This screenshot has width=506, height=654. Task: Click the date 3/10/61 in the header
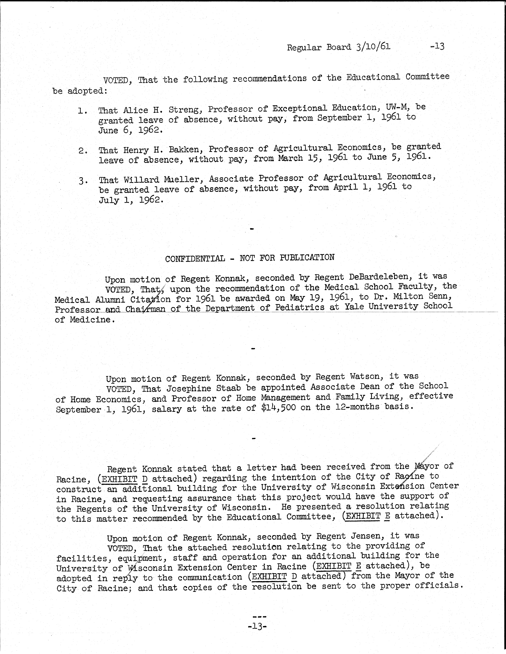(373, 47)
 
